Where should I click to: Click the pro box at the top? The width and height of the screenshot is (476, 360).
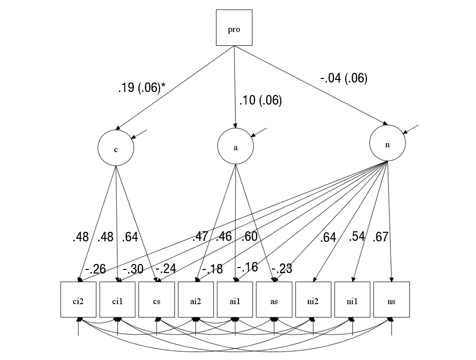click(234, 28)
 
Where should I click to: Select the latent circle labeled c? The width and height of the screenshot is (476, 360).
click(116, 149)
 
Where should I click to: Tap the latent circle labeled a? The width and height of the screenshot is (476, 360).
click(235, 147)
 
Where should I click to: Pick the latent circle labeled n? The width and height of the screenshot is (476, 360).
click(387, 144)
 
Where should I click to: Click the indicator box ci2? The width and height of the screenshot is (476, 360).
click(78, 300)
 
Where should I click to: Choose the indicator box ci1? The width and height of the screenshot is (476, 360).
click(118, 300)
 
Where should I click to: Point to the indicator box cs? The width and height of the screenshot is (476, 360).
click(157, 300)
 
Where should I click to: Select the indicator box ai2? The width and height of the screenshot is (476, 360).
click(196, 300)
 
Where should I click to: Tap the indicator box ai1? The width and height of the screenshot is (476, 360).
click(235, 300)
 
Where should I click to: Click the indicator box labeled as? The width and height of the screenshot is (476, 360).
click(274, 300)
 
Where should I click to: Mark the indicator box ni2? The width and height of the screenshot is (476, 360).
click(313, 300)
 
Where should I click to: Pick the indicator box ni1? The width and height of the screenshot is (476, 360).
click(353, 300)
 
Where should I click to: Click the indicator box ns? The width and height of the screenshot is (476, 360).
click(391, 300)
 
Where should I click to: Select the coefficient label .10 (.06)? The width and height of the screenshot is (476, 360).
click(260, 101)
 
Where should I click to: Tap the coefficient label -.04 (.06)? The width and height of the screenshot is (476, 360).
click(344, 78)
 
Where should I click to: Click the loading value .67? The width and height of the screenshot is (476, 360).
click(380, 237)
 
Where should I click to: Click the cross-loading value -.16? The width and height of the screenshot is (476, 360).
click(247, 267)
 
